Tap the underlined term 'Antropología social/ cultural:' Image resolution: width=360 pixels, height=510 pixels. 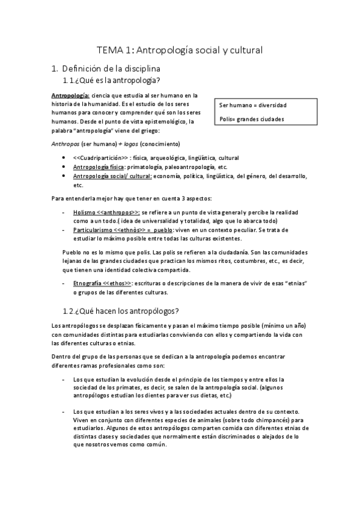tap(112, 176)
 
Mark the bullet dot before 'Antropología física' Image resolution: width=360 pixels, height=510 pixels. tap(64, 167)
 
